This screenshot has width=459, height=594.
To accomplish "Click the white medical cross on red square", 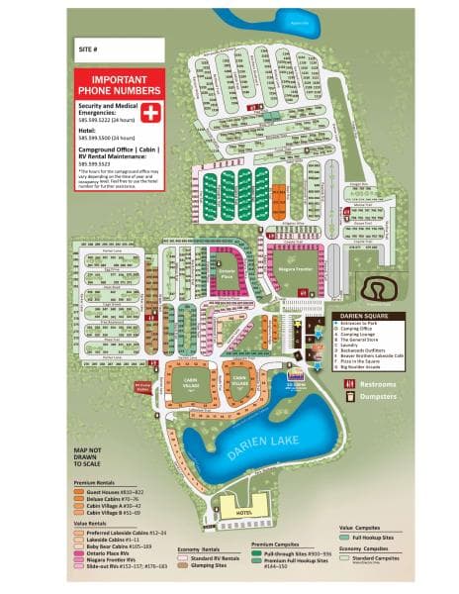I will [149, 111].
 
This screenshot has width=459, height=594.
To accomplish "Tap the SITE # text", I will [89, 47].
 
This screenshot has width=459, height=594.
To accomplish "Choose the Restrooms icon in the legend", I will [348, 382].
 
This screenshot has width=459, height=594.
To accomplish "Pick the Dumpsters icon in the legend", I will [348, 396].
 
